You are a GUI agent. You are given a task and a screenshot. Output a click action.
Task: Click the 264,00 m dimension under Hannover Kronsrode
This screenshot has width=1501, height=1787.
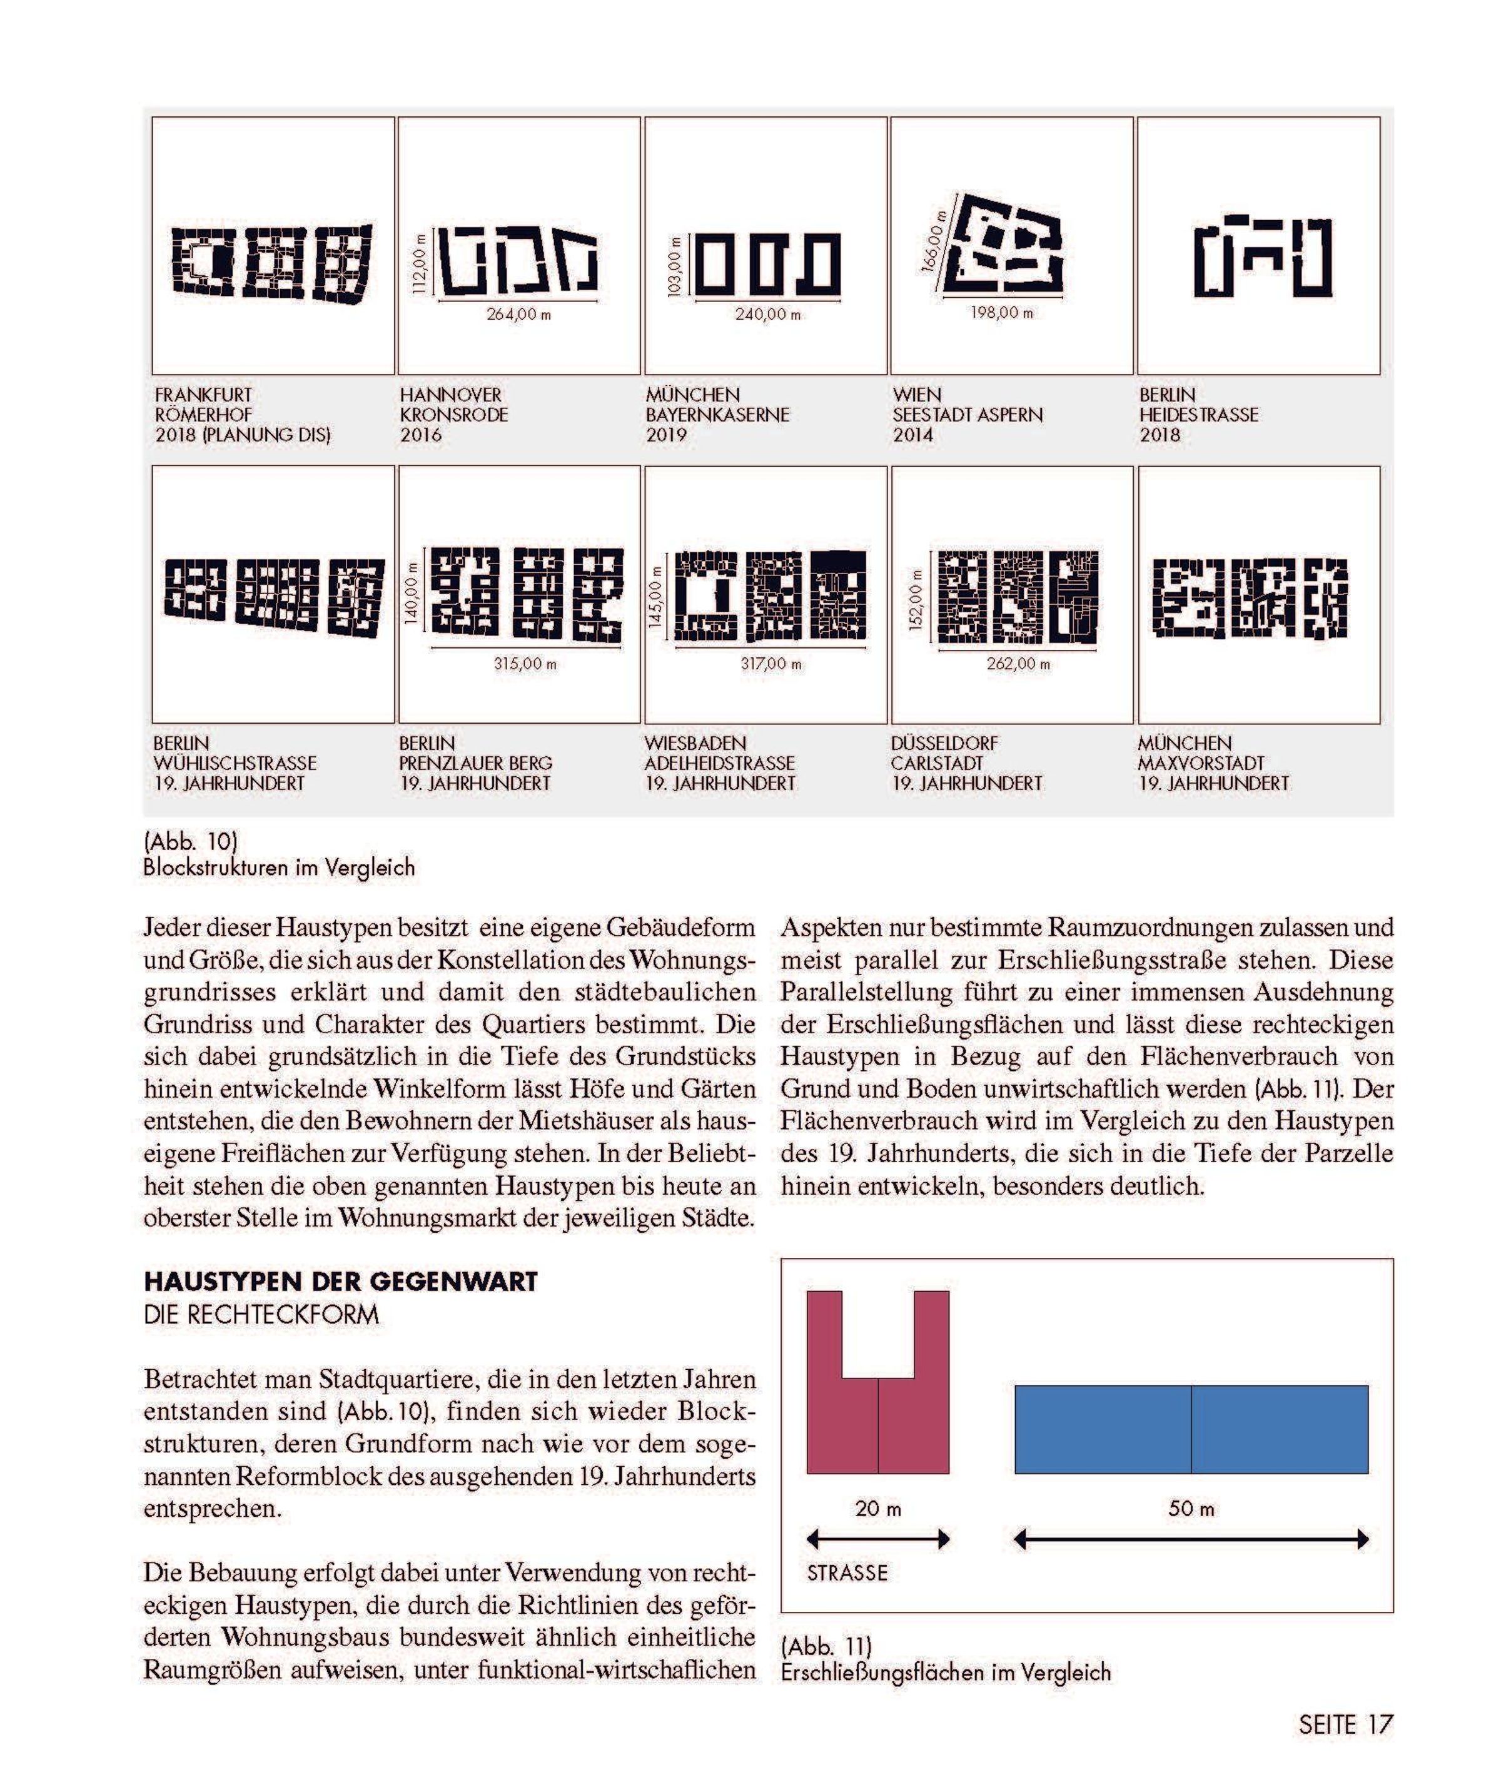tap(518, 314)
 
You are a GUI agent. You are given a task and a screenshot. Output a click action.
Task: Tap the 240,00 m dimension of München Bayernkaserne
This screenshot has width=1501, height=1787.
tap(767, 314)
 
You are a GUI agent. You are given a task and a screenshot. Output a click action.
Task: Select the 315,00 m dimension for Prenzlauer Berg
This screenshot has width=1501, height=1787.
tap(525, 664)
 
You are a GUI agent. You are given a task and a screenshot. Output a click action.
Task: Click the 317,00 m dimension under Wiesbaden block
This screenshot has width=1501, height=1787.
tap(771, 664)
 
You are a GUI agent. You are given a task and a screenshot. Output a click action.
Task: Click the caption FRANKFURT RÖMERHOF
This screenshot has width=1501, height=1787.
tap(205, 405)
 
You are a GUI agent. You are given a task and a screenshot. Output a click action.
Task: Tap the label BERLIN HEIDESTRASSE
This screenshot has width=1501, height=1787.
tap(1198, 405)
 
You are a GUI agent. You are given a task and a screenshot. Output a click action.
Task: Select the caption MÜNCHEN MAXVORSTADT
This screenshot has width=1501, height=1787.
tap(1201, 753)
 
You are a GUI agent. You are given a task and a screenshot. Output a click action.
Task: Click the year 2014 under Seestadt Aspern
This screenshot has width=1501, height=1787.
tap(913, 435)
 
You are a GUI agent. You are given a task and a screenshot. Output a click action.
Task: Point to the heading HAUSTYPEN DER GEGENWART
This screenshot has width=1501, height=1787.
tap(340, 1282)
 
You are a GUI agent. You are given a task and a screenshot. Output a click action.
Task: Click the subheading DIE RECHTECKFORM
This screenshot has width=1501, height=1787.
tap(261, 1315)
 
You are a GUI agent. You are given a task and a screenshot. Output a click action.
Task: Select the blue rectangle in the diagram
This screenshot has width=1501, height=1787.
tap(1191, 1430)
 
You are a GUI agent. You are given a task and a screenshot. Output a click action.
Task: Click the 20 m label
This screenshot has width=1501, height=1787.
tap(877, 1509)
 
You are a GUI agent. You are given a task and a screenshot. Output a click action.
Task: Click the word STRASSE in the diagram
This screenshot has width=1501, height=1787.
tap(847, 1572)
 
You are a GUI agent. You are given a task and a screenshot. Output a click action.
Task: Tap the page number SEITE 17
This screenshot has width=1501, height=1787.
tap(1345, 1725)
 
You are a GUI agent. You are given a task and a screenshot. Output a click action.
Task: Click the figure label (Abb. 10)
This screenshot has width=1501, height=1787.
tap(191, 842)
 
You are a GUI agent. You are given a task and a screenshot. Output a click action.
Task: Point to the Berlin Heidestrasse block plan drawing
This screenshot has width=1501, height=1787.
tap(1263, 257)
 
